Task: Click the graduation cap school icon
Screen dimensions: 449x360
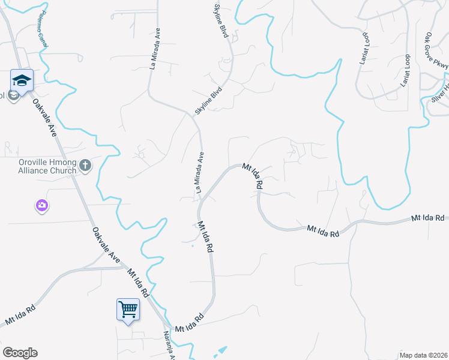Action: pyautogui.click(x=22, y=80)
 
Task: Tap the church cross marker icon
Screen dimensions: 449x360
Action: pyautogui.click(x=85, y=165)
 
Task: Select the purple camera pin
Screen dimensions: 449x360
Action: pyautogui.click(x=41, y=206)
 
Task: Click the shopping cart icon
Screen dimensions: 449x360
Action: pyautogui.click(x=128, y=309)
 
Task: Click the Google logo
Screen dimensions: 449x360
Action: pyautogui.click(x=20, y=353)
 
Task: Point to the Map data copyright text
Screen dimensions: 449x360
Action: pyautogui.click(x=423, y=355)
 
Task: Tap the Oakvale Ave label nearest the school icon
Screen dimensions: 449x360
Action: pyautogui.click(x=44, y=118)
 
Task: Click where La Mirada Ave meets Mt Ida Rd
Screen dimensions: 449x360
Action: pyautogui.click(x=200, y=203)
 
